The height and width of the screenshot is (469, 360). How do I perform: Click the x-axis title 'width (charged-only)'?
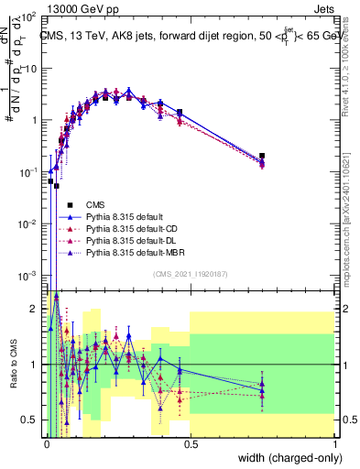pyautogui.click(x=287, y=458)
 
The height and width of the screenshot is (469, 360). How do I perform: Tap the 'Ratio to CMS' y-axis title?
pyautogui.click(x=12, y=366)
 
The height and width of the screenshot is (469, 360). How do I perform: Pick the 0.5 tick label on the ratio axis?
pyautogui.click(x=29, y=420)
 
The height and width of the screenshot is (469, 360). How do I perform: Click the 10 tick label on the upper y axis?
pyautogui.click(x=29, y=68)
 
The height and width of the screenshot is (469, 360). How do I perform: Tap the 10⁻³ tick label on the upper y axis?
pyautogui.click(x=27, y=276)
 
